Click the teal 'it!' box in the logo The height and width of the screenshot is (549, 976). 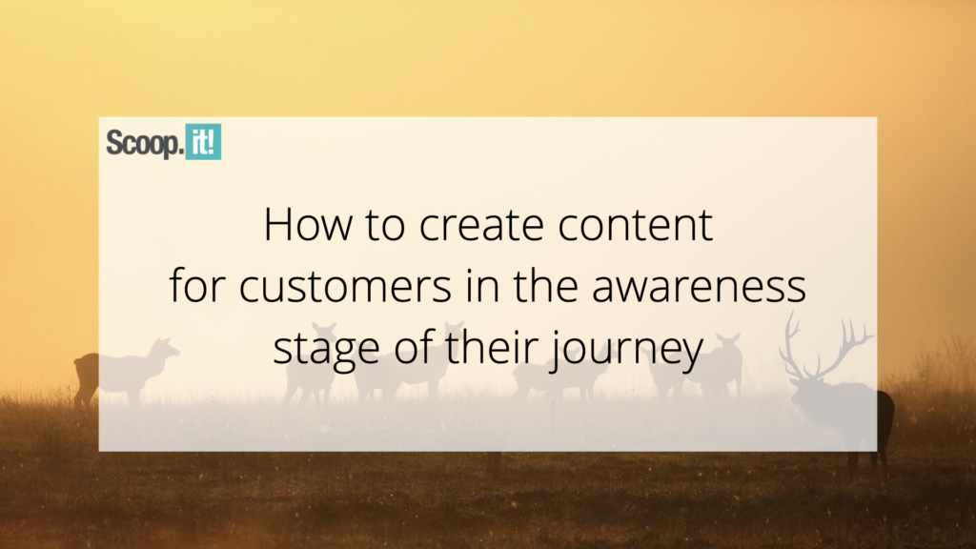[x=203, y=142]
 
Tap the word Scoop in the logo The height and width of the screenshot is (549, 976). [x=145, y=143]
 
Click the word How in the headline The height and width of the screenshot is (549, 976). [x=308, y=224]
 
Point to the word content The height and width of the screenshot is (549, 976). [x=635, y=225]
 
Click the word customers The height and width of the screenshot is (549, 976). [x=345, y=286]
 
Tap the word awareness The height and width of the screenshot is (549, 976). [x=699, y=286]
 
